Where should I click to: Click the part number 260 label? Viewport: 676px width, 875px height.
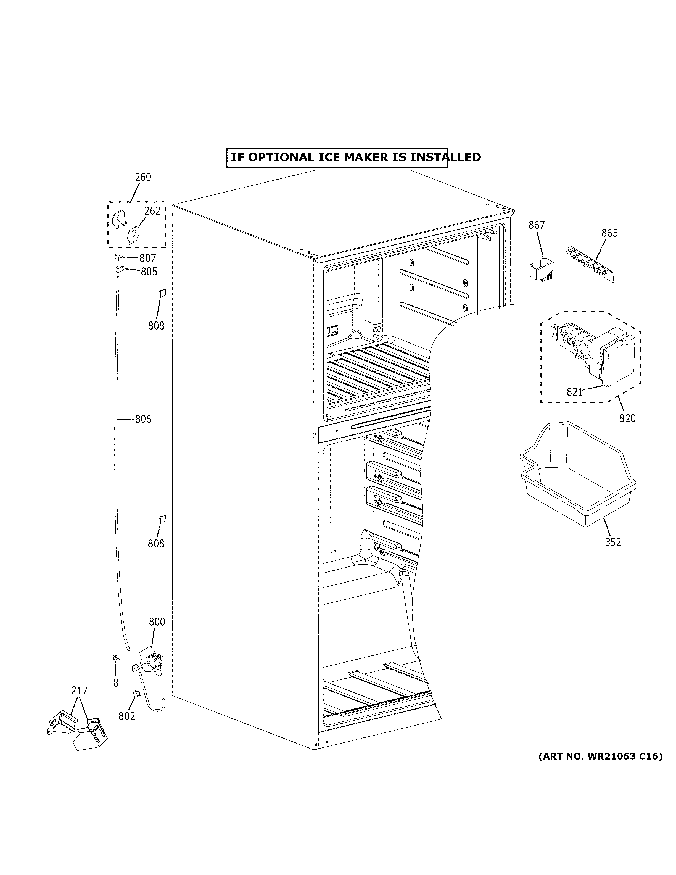(143, 177)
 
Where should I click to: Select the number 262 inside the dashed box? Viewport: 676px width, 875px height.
(152, 211)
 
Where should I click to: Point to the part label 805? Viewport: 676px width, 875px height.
(149, 272)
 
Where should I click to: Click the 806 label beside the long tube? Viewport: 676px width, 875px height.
(143, 419)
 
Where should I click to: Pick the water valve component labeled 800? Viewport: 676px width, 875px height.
(150, 667)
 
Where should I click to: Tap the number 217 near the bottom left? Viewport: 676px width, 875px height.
(79, 691)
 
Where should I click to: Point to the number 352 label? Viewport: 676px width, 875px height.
(613, 542)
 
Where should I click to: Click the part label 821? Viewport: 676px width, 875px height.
(574, 392)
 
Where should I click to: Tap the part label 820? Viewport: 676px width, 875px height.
(627, 418)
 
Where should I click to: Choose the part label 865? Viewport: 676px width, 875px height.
(609, 233)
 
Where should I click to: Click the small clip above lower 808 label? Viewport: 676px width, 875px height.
(162, 519)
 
